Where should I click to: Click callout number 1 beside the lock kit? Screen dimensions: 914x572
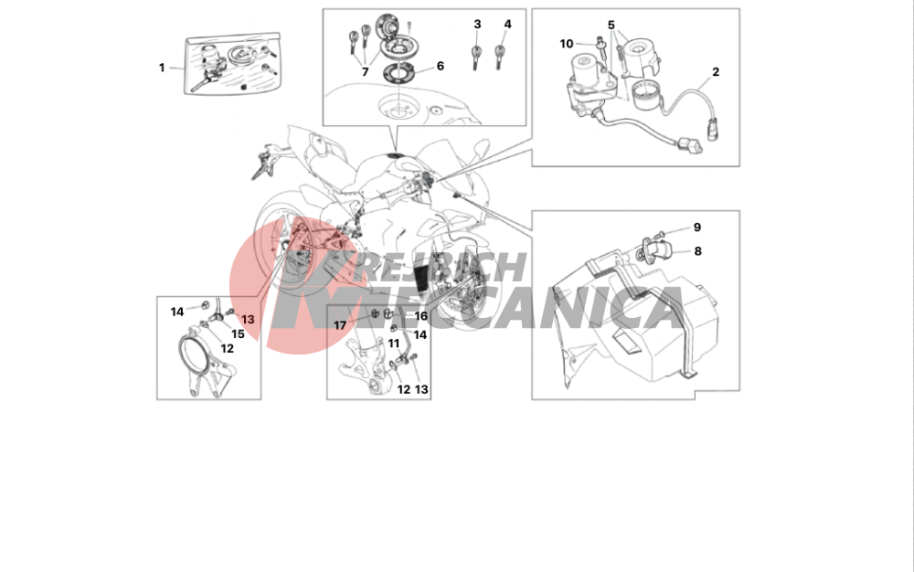[x=162, y=68]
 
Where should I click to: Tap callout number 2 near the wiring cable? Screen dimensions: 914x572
[x=716, y=71]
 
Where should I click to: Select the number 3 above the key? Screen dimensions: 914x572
[x=477, y=24]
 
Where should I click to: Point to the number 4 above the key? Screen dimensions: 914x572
[x=507, y=24]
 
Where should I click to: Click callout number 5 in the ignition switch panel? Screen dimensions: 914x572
[x=611, y=25]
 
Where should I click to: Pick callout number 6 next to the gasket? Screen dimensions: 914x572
[x=441, y=66]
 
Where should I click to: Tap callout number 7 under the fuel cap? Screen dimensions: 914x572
[x=365, y=71]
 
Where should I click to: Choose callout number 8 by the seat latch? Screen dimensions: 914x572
[x=697, y=251]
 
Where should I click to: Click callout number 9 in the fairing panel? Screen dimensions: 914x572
[x=697, y=228]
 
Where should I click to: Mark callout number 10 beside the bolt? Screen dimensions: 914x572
[x=567, y=44]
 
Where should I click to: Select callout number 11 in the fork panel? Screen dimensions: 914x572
[x=393, y=344]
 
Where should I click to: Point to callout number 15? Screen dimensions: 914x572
[x=238, y=334]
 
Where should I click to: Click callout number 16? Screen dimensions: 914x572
[x=420, y=316]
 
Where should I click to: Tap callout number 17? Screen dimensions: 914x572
[x=340, y=325]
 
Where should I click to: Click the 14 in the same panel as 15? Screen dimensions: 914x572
[x=177, y=312]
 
